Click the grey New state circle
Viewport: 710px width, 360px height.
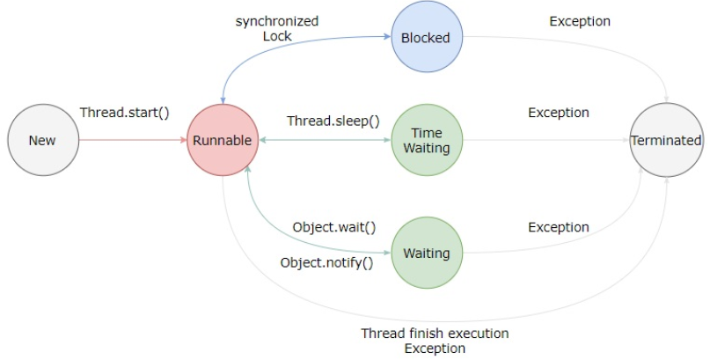pos(41,140)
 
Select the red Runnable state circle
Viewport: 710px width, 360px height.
pos(221,140)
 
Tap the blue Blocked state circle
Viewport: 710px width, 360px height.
pos(426,38)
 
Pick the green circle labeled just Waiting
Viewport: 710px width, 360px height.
pos(426,253)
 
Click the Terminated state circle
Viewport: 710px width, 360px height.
pos(665,140)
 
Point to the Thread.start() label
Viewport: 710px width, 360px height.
pos(124,114)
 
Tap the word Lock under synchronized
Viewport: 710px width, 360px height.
pos(276,36)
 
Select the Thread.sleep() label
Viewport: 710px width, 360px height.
pos(333,121)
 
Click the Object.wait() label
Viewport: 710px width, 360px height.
pos(333,227)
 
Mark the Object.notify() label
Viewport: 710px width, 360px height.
pos(326,262)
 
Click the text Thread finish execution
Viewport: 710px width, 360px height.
pos(435,334)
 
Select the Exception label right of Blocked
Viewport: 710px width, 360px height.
pos(580,20)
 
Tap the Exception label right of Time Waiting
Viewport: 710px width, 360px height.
pos(559,113)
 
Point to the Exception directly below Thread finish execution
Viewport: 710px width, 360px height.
pos(435,349)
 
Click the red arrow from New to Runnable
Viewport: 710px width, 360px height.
pos(132,140)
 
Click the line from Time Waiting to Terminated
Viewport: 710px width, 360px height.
pos(545,140)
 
